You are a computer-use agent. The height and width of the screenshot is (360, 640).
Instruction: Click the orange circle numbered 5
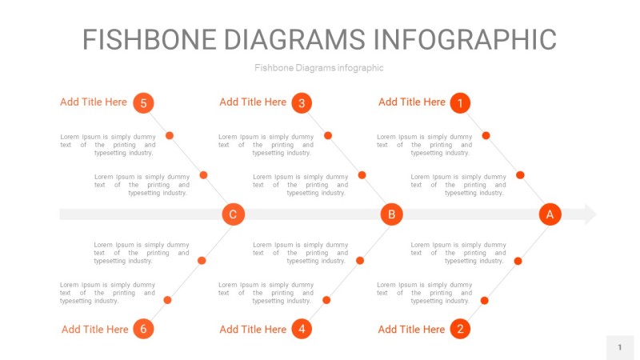(x=143, y=103)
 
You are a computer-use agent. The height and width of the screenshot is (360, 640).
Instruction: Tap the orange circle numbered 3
(x=302, y=103)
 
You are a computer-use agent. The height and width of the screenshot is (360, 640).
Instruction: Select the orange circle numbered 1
(x=460, y=103)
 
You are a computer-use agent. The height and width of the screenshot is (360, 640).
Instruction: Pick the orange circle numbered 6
(x=143, y=329)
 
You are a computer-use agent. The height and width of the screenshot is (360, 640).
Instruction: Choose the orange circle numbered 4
(x=302, y=329)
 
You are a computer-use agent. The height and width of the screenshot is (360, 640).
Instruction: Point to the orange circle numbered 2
(x=460, y=329)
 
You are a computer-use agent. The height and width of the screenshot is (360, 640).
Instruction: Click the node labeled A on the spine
(x=550, y=214)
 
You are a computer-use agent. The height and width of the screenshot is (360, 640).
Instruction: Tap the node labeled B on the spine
(x=391, y=214)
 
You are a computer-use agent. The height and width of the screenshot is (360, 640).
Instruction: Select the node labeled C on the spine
(x=233, y=214)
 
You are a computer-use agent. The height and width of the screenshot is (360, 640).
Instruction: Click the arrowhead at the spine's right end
(x=590, y=214)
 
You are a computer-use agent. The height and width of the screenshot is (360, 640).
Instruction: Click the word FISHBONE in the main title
(x=150, y=39)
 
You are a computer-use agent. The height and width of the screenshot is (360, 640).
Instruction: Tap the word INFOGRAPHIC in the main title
(x=465, y=39)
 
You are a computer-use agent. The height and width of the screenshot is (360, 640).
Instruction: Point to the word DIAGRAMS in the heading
(x=294, y=39)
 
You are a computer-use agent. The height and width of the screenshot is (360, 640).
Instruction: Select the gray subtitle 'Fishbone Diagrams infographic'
(x=318, y=68)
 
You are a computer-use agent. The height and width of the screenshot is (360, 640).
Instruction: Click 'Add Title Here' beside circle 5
(x=94, y=102)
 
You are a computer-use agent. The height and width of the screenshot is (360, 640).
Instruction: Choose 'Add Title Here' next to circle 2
(x=411, y=330)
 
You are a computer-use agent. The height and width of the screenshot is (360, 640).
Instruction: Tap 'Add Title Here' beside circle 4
(x=253, y=330)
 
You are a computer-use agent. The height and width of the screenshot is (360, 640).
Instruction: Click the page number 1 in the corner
(x=619, y=347)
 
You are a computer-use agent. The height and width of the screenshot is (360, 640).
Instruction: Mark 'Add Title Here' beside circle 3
(x=253, y=102)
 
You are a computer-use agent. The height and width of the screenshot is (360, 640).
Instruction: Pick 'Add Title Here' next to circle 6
(x=94, y=330)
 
